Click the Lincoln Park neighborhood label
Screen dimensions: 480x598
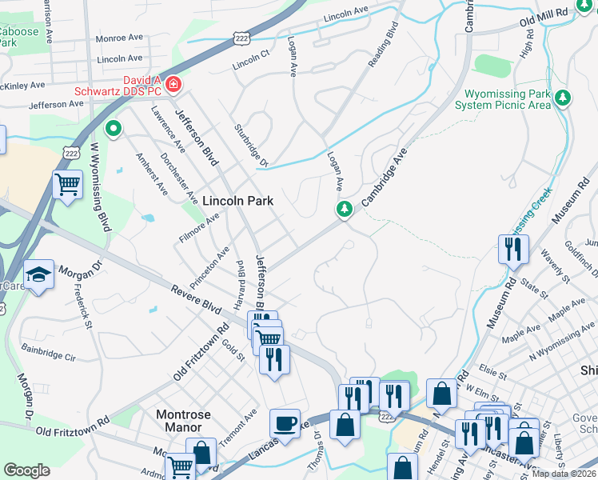tap(237, 202)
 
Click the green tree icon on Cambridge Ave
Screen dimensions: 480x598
tap(344, 210)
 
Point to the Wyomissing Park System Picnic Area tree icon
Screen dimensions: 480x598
tap(564, 98)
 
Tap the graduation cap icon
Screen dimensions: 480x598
tap(38, 275)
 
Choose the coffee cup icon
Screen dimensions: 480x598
tap(285, 423)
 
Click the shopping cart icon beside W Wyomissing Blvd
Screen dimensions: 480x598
tap(67, 185)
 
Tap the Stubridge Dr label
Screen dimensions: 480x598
tap(249, 144)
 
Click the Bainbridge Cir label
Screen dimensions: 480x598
tap(49, 351)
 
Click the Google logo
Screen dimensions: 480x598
tap(26, 470)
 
